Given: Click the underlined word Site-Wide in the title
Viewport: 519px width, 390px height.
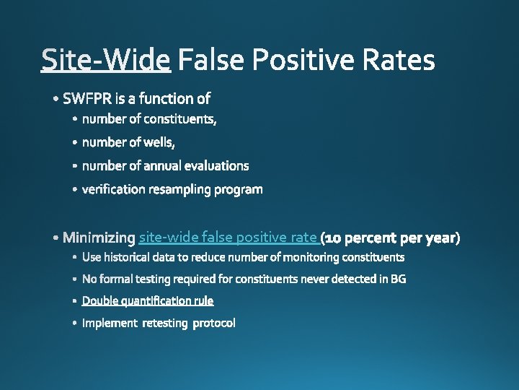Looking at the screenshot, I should click(106, 60).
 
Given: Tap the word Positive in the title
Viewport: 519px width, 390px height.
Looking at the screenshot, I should click(294, 60).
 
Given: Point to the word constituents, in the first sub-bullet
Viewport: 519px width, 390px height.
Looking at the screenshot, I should click(180, 118).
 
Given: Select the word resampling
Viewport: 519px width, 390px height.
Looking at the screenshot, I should click(171, 189).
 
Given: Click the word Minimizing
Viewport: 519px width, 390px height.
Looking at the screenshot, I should click(99, 238).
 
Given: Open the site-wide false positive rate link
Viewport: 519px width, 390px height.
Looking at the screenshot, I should click(228, 237).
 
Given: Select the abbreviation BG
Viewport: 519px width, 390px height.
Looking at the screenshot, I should click(398, 279).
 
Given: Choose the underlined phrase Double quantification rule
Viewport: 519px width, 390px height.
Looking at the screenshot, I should click(148, 300).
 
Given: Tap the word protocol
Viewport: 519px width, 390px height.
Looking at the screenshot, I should click(213, 323).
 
